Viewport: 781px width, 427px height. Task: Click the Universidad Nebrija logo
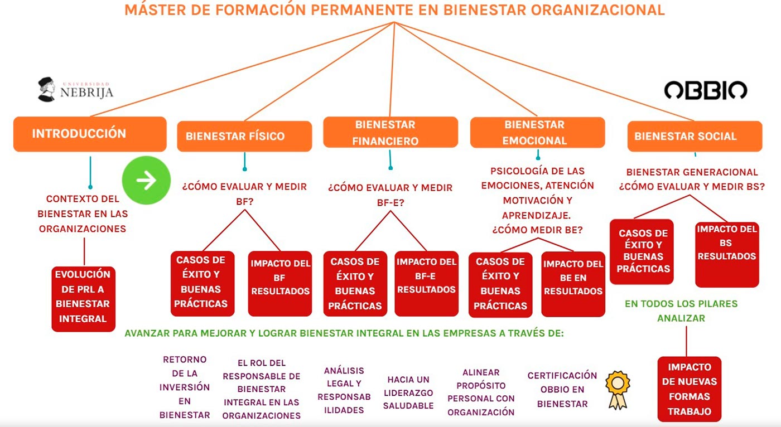pyautogui.click(x=75, y=90)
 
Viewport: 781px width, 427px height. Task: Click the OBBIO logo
pyautogui.click(x=705, y=90)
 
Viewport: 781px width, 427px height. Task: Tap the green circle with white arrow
pyautogui.click(x=146, y=180)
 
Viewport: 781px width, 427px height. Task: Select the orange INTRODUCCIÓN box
pyautogui.click(x=90, y=134)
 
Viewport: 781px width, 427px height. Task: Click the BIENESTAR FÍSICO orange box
pyautogui.click(x=244, y=137)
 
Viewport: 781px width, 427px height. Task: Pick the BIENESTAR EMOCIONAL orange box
pyautogui.click(x=537, y=133)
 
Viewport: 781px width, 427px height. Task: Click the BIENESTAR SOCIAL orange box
pyautogui.click(x=694, y=137)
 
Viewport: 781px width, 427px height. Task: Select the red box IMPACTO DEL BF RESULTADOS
pyautogui.click(x=280, y=283)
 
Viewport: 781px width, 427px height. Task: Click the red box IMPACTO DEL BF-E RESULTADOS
pyautogui.click(x=426, y=283)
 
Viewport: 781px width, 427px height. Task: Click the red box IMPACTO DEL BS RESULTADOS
pyautogui.click(x=727, y=254)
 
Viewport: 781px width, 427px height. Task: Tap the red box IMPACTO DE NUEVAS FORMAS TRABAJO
pyautogui.click(x=690, y=389)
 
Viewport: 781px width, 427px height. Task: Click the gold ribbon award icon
pyautogui.click(x=618, y=390)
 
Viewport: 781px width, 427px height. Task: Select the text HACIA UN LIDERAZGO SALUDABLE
pyautogui.click(x=408, y=392)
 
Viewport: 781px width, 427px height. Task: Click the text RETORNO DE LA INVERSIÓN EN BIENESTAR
pyautogui.click(x=185, y=387)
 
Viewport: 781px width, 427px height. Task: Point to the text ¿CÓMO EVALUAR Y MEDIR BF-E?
pyautogui.click(x=390, y=195)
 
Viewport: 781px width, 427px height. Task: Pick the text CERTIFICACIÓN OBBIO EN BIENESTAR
pyautogui.click(x=562, y=390)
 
